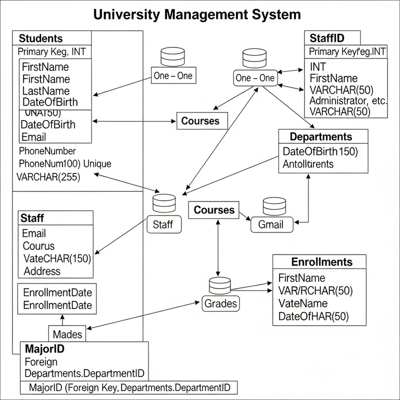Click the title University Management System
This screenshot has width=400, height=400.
pos(197,14)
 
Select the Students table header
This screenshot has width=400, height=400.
pos(41,38)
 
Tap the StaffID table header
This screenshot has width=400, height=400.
pos(327,38)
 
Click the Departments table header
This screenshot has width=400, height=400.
pos(320,136)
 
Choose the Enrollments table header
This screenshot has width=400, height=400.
pos(321,262)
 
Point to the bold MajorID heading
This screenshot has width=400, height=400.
pos(44,348)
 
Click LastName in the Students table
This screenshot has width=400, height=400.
pos(46,91)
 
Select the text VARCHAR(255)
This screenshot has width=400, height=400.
pos(48,176)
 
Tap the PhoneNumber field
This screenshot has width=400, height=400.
pos(47,150)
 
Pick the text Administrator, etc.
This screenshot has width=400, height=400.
pos(348,100)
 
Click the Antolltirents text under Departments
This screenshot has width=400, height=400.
pos(308,163)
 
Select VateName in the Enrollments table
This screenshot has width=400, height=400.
pos(302,303)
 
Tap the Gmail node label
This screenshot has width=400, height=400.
pos(270,224)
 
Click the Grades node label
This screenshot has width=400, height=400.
pos(220,302)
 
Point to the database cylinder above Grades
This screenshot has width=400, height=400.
pos(219,285)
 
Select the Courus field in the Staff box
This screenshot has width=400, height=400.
pos(38,246)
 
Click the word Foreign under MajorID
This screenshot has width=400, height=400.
pos(41,361)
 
